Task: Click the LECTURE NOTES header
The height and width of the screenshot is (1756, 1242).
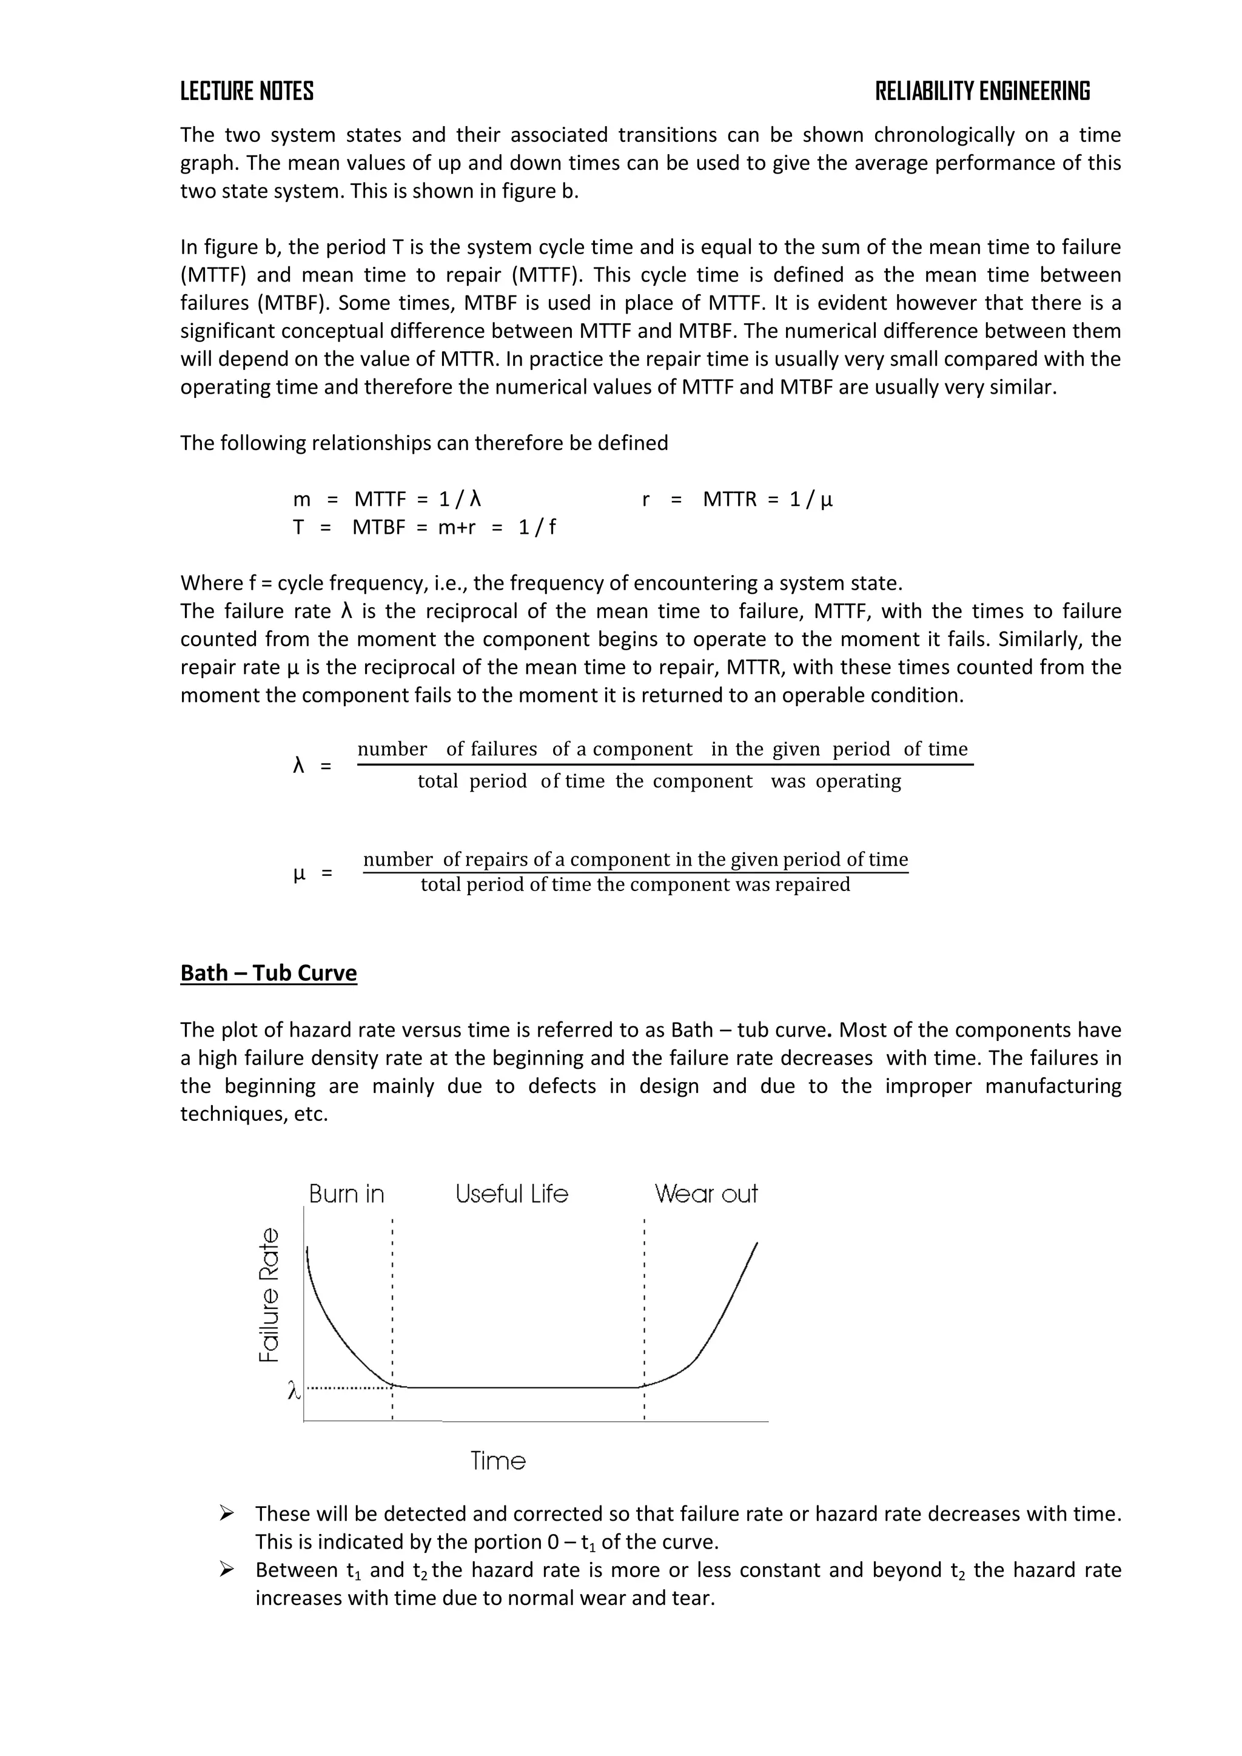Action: click(x=246, y=92)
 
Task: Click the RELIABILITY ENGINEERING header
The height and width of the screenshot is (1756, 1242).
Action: click(x=982, y=92)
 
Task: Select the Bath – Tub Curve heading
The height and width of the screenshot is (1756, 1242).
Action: click(x=269, y=973)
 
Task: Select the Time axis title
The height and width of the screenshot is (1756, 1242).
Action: click(x=498, y=1461)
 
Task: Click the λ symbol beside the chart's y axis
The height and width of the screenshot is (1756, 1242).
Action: click(x=293, y=1390)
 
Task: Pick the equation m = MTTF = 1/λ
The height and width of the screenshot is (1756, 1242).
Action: click(x=386, y=499)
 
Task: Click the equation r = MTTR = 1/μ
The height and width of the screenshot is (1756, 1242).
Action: click(x=737, y=499)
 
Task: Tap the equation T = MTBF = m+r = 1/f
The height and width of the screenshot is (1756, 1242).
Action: click(x=424, y=527)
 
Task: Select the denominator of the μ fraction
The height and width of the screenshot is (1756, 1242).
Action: click(x=635, y=885)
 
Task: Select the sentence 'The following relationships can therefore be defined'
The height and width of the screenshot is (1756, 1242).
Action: click(x=424, y=443)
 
